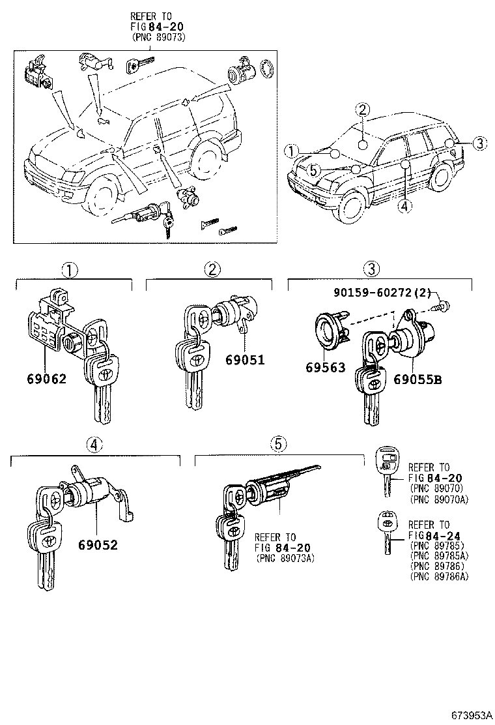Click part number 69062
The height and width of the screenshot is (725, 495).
click(x=47, y=378)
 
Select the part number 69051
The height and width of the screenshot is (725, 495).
click(x=246, y=359)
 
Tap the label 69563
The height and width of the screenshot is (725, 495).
click(x=325, y=367)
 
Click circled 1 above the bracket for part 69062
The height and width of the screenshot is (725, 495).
click(x=70, y=269)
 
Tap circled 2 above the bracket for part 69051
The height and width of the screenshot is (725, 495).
click(x=212, y=269)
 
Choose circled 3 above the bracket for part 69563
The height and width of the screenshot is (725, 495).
click(x=371, y=269)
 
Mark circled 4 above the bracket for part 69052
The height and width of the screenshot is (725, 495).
click(x=95, y=445)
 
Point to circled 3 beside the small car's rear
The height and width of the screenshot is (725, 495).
click(x=479, y=143)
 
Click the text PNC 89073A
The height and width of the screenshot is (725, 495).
click(x=284, y=558)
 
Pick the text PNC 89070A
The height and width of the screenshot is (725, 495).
click(x=440, y=500)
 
